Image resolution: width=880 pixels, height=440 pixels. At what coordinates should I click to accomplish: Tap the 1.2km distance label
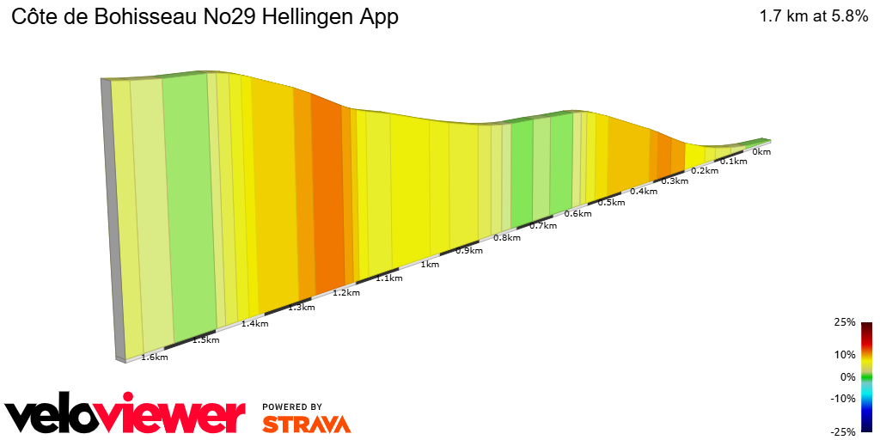pos(345,293)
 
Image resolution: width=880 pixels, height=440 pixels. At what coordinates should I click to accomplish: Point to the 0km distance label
pos(761,152)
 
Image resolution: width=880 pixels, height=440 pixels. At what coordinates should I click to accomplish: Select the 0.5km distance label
pos(610,203)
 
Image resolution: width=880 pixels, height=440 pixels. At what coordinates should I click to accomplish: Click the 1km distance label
pos(431,265)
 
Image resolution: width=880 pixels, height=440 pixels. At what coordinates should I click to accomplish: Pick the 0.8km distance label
pos(507,238)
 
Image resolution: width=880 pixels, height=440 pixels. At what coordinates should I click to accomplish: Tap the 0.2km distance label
pos(704,171)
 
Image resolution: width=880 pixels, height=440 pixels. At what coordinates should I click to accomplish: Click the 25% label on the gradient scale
pos(845,322)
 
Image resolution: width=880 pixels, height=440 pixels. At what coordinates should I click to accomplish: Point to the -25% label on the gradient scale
pos(843,431)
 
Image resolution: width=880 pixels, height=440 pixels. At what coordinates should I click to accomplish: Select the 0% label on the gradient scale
pos(847,376)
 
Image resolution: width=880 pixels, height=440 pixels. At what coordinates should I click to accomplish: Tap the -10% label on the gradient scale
pos(843,398)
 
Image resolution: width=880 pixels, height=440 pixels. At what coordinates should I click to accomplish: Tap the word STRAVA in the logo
pos(306,424)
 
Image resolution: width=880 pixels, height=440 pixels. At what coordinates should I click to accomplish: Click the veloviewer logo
pos(125,415)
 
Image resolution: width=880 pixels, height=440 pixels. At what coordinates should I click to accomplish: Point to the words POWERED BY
pos(292,406)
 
